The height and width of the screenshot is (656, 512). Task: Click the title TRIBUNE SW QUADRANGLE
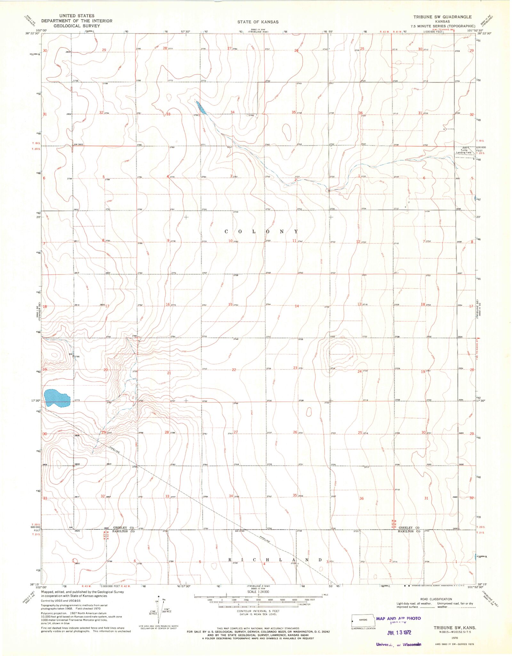pos(442,17)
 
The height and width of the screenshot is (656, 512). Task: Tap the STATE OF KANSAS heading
pos(258,22)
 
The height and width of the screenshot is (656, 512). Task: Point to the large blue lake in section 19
pos(57,398)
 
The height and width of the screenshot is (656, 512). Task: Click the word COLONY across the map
pos(261,231)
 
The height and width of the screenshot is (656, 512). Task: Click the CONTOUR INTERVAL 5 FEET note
pos(258,611)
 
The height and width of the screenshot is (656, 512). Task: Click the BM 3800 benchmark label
pos(78,144)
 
